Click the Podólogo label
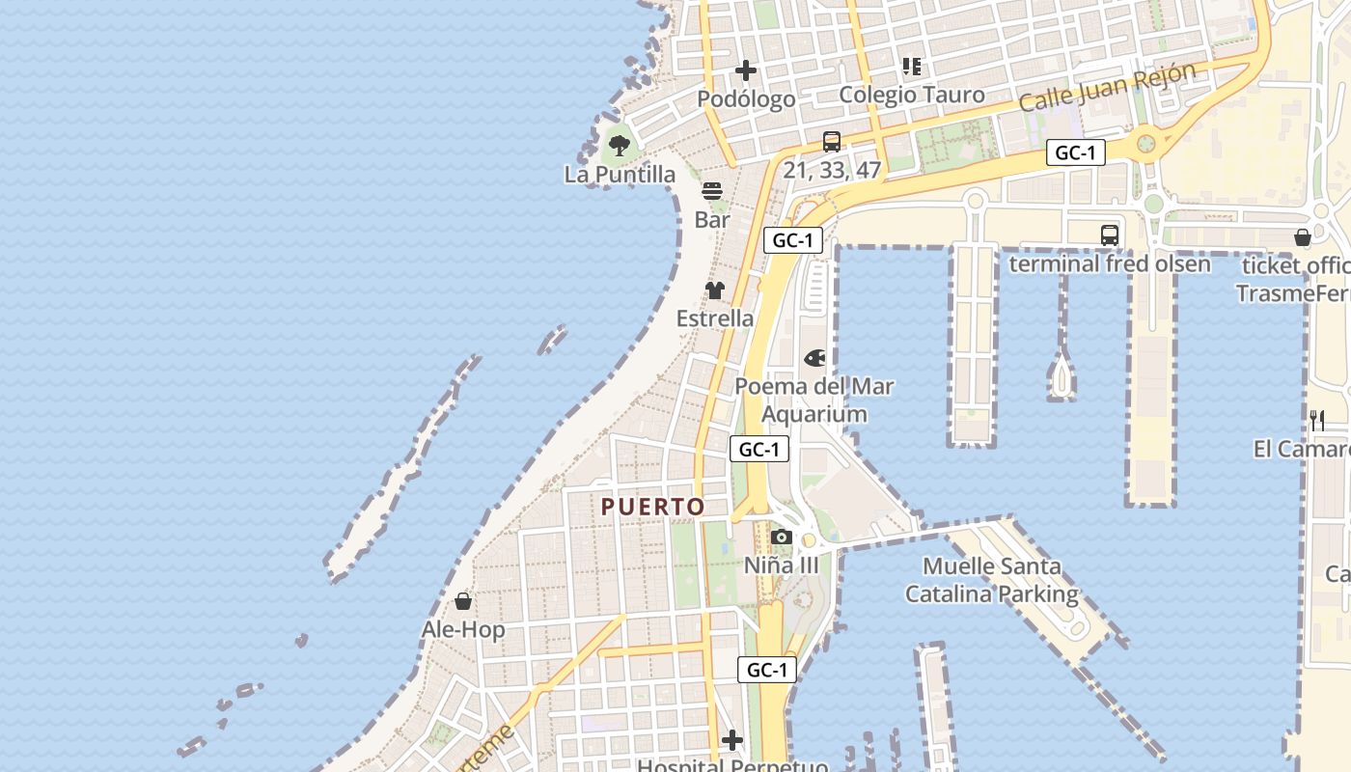click(x=746, y=99)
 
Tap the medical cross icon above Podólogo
click(x=746, y=70)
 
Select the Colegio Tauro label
click(x=911, y=95)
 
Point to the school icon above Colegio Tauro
click(x=912, y=67)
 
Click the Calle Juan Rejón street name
click(x=1107, y=87)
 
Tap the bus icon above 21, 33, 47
click(x=832, y=142)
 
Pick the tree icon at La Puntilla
click(x=620, y=146)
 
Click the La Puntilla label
click(x=620, y=175)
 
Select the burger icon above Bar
click(x=712, y=191)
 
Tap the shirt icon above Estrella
click(x=715, y=289)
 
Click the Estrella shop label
click(x=715, y=318)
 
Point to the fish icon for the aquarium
click(x=814, y=359)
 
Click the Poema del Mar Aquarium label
click(x=814, y=400)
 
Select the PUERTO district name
click(x=653, y=507)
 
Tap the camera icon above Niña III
click(x=782, y=538)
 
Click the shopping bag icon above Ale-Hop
click(x=463, y=601)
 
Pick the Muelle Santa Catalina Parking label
click(x=991, y=580)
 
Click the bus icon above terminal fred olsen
click(x=1110, y=234)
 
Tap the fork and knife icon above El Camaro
click(x=1317, y=420)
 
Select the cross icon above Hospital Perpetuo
click(x=732, y=740)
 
